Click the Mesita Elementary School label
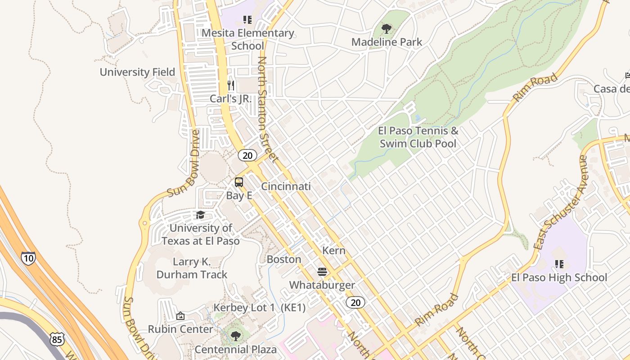tap(247, 39)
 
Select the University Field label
tap(137, 72)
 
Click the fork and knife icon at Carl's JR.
tap(231, 85)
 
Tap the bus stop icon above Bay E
tap(239, 182)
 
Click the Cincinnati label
tap(286, 186)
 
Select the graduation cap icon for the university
tap(200, 215)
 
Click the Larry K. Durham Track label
tap(192, 268)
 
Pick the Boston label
tap(284, 259)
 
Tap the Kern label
tap(334, 251)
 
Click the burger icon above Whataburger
tap(322, 272)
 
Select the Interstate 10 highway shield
tap(28, 258)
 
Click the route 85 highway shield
tap(57, 339)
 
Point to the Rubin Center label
tap(180, 329)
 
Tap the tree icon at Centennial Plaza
tap(235, 336)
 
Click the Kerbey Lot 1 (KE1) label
tap(260, 308)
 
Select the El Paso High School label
tap(559, 277)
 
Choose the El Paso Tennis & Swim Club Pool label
tap(418, 137)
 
